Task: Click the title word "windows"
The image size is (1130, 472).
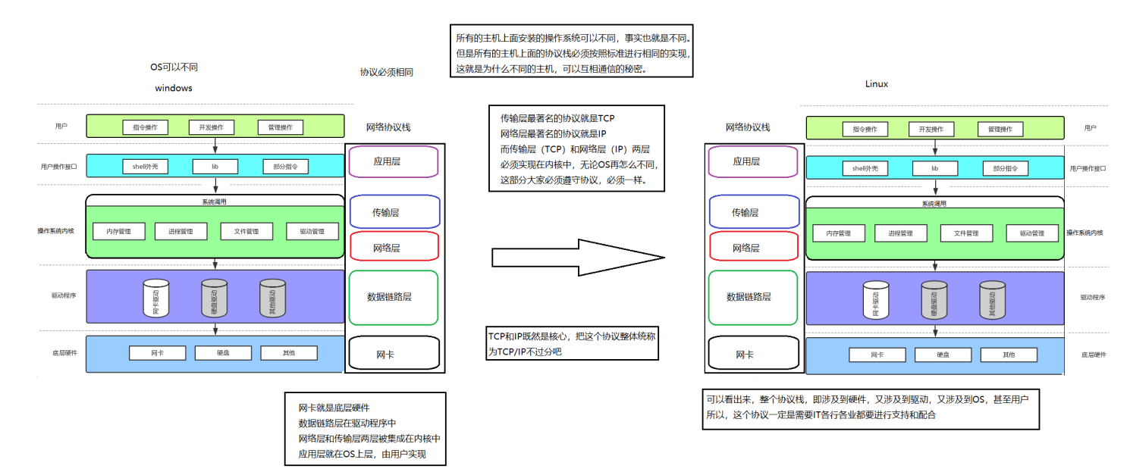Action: (x=174, y=88)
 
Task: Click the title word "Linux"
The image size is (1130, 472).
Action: (x=876, y=84)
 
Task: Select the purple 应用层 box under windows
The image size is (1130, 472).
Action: (x=394, y=161)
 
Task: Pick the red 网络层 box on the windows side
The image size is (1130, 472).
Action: (x=394, y=247)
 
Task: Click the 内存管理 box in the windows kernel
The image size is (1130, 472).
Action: (x=118, y=232)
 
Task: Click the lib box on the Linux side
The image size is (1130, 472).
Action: (x=934, y=168)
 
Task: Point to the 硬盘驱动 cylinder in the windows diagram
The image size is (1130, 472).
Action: (x=215, y=298)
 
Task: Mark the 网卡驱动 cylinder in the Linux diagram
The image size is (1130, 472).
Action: (x=876, y=300)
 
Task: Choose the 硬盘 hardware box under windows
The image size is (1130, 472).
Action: (x=223, y=353)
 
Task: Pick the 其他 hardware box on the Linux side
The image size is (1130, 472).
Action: (x=1008, y=355)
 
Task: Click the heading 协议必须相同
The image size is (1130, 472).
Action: (x=387, y=72)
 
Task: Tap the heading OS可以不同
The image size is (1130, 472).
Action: (x=174, y=67)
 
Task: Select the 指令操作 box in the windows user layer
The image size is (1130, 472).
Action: (x=145, y=127)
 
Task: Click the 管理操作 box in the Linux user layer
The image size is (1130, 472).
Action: (x=1000, y=129)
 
